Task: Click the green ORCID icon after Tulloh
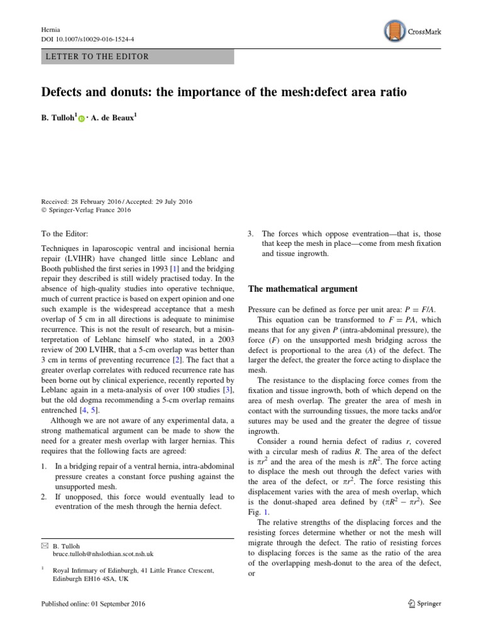point(82,118)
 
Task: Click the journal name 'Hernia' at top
point(50,30)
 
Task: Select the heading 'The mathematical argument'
point(303,289)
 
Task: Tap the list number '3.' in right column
point(251,233)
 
